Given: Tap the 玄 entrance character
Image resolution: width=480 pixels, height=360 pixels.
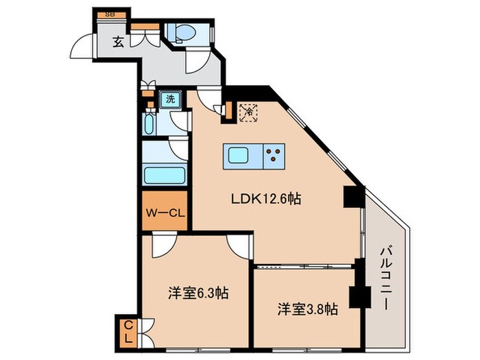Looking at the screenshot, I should [118, 42].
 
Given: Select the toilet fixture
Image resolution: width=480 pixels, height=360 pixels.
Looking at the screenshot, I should [185, 33].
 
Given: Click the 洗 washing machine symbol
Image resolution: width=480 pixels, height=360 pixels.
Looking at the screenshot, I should [169, 98].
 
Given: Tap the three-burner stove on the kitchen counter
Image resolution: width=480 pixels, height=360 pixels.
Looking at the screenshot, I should [275, 156].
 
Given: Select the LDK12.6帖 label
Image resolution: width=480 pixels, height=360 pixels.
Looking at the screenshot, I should [265, 200].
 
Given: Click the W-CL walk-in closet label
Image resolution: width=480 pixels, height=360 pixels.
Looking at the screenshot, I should [165, 212].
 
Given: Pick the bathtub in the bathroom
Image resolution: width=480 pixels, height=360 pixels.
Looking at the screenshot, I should [164, 174].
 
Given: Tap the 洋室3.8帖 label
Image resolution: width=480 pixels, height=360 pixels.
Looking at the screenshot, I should [307, 308].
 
